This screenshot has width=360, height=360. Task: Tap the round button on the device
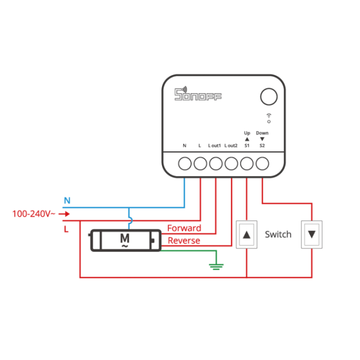click(x=268, y=97)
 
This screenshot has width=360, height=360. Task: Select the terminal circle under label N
click(x=185, y=164)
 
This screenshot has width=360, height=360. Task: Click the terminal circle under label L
click(x=200, y=164)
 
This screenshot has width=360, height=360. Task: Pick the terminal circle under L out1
click(x=215, y=164)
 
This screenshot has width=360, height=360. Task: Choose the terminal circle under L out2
click(x=231, y=164)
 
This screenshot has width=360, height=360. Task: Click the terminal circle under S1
click(x=247, y=164)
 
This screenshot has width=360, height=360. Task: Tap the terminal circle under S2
click(x=262, y=164)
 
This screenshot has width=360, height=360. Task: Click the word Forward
click(x=184, y=228)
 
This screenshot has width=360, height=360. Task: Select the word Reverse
click(x=184, y=241)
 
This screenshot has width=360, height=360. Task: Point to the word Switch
click(x=278, y=235)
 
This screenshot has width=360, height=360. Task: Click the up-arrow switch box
click(x=247, y=235)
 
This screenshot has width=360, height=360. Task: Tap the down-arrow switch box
click(x=312, y=235)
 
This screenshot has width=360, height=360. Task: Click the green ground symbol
click(x=216, y=265)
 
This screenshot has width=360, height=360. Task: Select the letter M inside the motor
click(x=124, y=238)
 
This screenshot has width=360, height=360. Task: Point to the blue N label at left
click(x=66, y=200)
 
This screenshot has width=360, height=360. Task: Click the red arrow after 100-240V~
click(x=65, y=213)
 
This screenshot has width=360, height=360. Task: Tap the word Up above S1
click(x=247, y=133)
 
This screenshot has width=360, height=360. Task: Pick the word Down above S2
click(x=262, y=133)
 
